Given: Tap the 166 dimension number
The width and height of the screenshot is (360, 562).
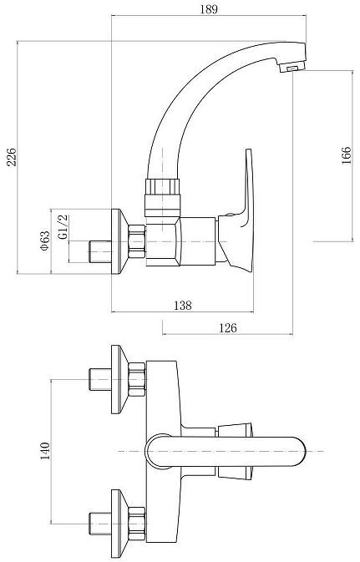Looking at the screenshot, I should (346, 155).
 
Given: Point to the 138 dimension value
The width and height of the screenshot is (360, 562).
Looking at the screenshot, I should (182, 306).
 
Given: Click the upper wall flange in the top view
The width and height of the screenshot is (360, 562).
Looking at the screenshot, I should (120, 378).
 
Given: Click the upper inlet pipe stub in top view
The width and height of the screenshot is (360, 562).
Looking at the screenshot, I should (98, 378).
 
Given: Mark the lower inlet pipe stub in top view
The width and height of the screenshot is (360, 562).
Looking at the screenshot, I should (98, 523).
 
